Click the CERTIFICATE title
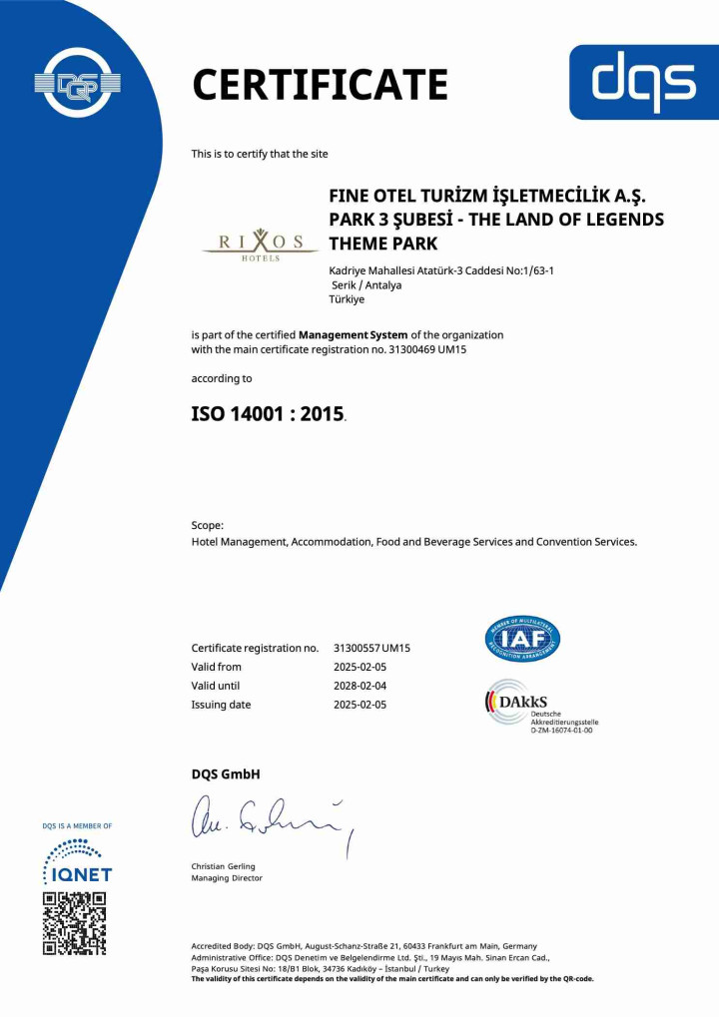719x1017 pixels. click(320, 84)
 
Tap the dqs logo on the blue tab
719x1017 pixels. click(644, 83)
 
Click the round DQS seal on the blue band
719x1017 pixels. click(77, 84)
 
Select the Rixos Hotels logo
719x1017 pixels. click(260, 244)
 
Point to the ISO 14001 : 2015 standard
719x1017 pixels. click(268, 413)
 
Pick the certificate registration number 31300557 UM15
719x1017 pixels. click(371, 648)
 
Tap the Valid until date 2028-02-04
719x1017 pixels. click(359, 686)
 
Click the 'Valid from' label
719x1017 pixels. click(216, 667)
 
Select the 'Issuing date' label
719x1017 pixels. click(221, 705)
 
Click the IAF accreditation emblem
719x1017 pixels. click(522, 639)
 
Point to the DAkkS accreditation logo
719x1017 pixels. click(539, 706)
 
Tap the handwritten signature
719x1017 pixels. click(270, 819)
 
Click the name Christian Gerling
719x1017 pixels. click(223, 866)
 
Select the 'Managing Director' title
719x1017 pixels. click(227, 878)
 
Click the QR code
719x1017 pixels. click(74, 923)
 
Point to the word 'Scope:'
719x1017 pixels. click(208, 525)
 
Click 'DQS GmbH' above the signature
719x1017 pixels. click(226, 774)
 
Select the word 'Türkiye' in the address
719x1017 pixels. click(347, 299)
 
